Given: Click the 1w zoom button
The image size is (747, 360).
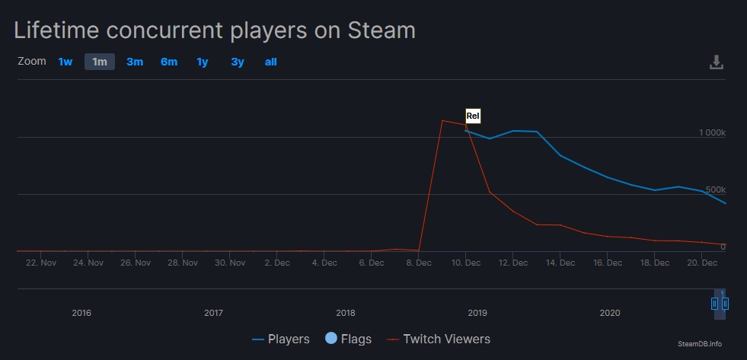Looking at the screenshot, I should [65, 62].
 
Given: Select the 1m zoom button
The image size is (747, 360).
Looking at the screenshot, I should [100, 62].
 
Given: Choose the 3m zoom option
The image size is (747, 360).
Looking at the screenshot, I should [135, 62].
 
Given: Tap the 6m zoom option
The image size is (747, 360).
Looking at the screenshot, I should [169, 62].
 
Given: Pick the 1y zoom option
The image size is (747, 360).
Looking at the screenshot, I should [203, 62].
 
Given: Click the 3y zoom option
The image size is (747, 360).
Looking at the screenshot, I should [238, 62].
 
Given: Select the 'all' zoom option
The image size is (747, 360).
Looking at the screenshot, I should [270, 62].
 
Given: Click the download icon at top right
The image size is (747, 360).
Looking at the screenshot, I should [716, 62].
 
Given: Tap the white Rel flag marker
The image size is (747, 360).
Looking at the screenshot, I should [473, 116].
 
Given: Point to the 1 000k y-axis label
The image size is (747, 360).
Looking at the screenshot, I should [713, 132].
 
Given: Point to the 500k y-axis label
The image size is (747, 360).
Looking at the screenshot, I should [717, 190].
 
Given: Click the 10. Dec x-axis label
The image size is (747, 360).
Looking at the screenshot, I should [466, 263].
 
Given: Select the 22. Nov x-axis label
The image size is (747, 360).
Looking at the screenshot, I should [41, 263].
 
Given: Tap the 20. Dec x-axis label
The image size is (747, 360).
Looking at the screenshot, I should [702, 263].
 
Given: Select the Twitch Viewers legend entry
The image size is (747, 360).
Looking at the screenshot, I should [439, 339].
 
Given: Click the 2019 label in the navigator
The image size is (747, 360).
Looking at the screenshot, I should [477, 312].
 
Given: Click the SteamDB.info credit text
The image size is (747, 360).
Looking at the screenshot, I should [699, 344].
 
